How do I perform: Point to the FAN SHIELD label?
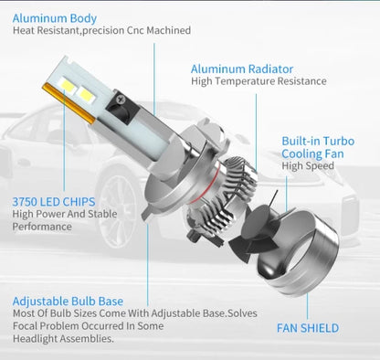click(x=307, y=328)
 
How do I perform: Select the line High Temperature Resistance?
click(x=259, y=81)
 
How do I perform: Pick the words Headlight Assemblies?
click(x=63, y=337)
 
